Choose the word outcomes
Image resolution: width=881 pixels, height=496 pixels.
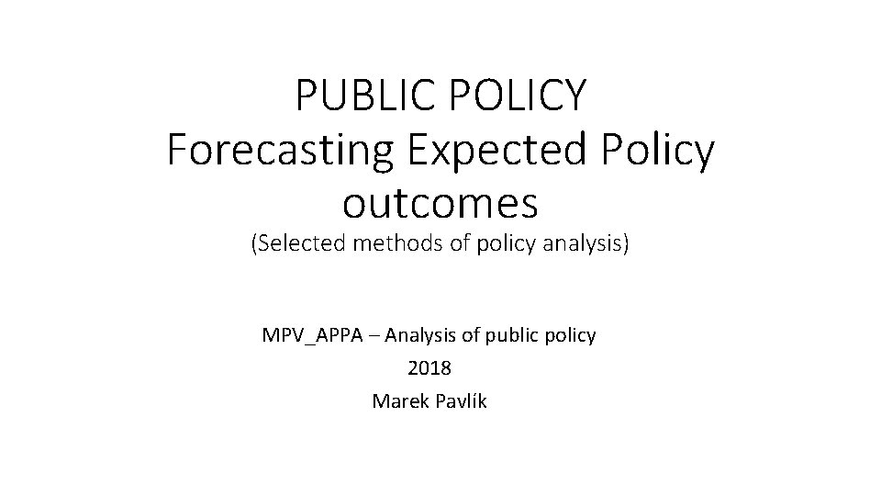tap(440, 203)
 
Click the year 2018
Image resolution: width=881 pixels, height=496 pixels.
tap(429, 368)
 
